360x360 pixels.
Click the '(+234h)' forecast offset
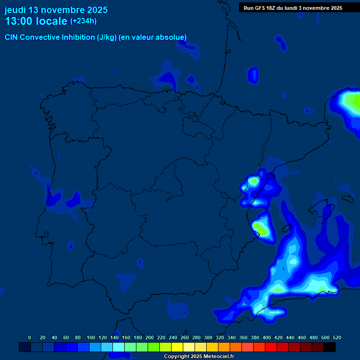point(83,21)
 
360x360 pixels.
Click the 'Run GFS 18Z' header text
point(259,8)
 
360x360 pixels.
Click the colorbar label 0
point(30,337)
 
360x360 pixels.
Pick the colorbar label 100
point(91,337)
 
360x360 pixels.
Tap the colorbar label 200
point(150,337)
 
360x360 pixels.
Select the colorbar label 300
point(208,337)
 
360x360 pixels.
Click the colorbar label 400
point(267,337)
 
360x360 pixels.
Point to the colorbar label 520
point(337,337)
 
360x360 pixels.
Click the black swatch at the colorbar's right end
point(330,347)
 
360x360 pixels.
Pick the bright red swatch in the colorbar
point(271,347)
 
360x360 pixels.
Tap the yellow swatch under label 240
point(177,347)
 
